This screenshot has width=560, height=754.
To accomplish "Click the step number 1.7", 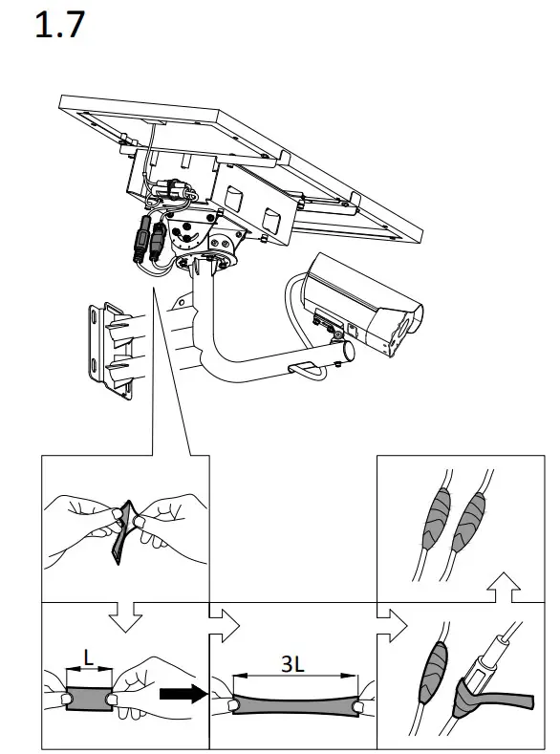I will [59, 26].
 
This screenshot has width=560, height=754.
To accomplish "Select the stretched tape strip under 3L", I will [291, 700].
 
